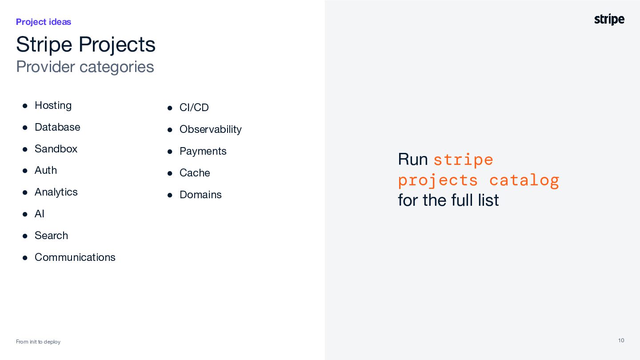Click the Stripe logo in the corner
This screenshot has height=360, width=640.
tap(609, 20)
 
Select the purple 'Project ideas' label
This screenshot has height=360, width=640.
tap(44, 22)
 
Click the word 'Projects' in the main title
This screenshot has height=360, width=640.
tap(117, 45)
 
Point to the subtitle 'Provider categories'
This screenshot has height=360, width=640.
tap(85, 67)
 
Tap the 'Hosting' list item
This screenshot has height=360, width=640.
tap(53, 106)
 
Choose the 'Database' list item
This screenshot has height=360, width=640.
tap(57, 127)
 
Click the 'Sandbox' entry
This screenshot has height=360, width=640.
tap(56, 149)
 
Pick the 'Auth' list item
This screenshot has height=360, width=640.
tap(46, 170)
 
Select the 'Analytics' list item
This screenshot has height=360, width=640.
tap(56, 192)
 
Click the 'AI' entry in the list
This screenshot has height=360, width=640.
tap(40, 214)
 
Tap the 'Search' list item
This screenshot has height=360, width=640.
tap(52, 236)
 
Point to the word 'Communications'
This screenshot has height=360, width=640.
tap(75, 257)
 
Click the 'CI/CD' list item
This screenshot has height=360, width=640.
tap(194, 108)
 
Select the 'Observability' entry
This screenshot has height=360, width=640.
tap(211, 129)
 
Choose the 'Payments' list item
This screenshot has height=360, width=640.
tap(203, 152)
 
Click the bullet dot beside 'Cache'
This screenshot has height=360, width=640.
tap(170, 173)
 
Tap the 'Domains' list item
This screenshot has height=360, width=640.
tap(200, 195)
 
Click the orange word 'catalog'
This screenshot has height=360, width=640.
tap(524, 181)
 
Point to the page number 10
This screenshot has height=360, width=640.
tap(621, 340)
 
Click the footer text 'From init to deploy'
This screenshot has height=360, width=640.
tap(38, 342)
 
